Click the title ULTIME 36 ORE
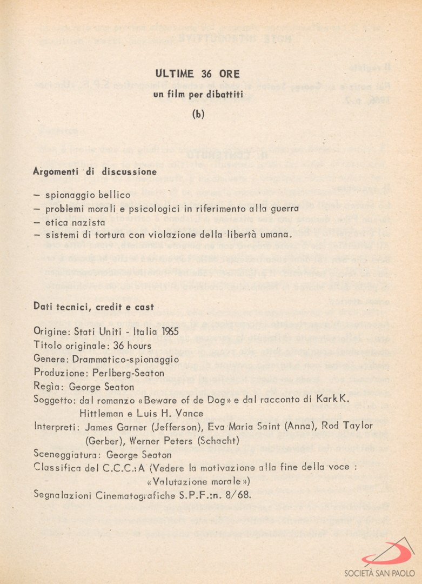click(x=198, y=74)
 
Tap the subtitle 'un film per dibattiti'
click(x=198, y=95)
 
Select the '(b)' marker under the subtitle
click(x=198, y=115)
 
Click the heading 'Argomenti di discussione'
click(x=95, y=172)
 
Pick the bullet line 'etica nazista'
click(x=75, y=222)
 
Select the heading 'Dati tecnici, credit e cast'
click(x=94, y=307)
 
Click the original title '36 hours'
click(x=132, y=345)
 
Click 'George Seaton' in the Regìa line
click(x=102, y=387)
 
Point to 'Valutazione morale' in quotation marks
click(x=198, y=481)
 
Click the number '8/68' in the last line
click(x=239, y=494)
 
